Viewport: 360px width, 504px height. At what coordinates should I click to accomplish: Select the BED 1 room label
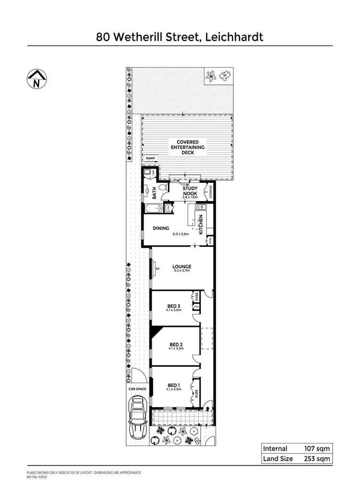174,385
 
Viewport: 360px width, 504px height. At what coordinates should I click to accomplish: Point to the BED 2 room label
176,345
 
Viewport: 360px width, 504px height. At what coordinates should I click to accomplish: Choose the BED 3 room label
174,306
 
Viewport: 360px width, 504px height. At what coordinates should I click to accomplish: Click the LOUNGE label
182,267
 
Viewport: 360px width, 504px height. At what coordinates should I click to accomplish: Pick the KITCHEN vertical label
201,225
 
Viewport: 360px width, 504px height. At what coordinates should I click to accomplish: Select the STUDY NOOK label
190,192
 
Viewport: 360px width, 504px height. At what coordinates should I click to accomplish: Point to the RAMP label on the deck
151,158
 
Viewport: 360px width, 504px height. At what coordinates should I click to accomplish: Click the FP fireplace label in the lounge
157,268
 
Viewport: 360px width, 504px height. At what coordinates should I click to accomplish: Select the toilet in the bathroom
163,187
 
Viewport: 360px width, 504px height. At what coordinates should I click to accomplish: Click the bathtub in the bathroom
154,209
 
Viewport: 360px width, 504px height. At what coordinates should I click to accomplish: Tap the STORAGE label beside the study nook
209,192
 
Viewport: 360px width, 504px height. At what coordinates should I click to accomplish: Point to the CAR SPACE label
137,389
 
